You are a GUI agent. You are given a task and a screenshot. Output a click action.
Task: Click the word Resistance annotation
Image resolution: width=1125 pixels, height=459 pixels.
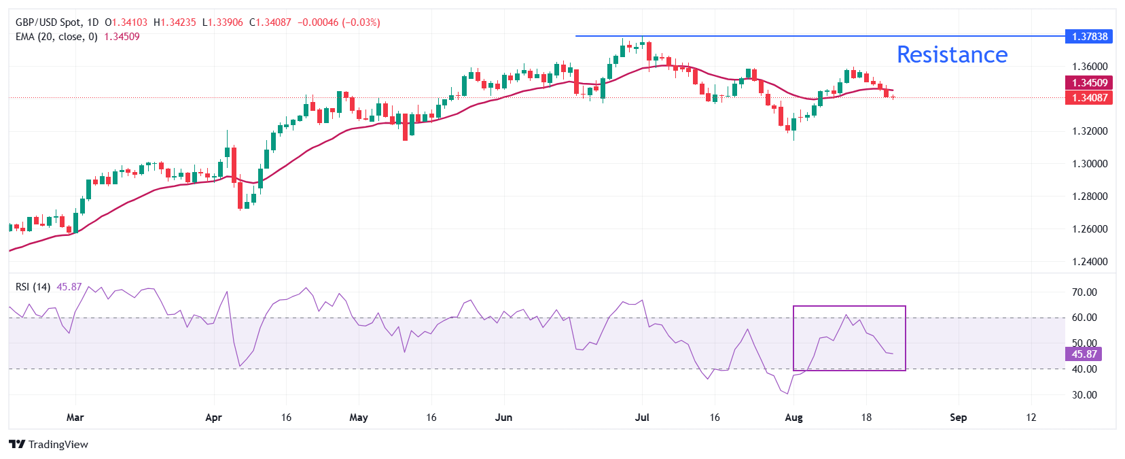[952, 54]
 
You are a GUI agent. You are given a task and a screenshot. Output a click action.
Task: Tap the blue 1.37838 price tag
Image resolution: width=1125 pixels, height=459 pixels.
[1089, 37]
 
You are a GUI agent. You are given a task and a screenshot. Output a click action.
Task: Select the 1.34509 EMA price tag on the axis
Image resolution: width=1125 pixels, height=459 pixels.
[1089, 83]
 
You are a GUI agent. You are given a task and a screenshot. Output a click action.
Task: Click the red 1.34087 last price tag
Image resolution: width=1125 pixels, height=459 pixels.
[1089, 98]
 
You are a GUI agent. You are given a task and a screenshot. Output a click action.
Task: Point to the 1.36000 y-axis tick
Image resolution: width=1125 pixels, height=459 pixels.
[1090, 67]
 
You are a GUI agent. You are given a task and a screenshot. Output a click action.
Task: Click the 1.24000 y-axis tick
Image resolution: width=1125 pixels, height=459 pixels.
[1090, 262]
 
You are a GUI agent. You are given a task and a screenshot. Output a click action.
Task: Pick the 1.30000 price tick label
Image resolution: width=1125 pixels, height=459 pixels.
[1090, 164]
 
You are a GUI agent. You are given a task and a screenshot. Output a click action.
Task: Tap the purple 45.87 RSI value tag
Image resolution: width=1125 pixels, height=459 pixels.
[1084, 354]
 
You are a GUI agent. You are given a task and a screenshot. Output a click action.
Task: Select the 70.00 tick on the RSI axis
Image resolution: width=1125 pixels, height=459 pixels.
[1084, 292]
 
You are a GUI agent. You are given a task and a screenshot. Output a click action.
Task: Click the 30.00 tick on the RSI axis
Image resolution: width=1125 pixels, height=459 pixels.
[1084, 395]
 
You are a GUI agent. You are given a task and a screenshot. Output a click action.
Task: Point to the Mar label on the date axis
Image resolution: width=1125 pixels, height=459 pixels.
[75, 418]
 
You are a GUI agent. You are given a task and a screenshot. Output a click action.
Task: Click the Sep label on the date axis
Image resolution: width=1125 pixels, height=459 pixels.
[958, 418]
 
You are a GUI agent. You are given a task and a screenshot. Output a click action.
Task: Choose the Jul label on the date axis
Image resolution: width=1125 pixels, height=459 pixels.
[642, 418]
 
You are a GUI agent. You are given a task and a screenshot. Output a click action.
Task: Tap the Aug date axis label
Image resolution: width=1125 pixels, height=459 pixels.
[793, 418]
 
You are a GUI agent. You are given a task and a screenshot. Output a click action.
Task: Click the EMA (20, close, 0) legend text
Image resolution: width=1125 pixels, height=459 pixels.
[56, 37]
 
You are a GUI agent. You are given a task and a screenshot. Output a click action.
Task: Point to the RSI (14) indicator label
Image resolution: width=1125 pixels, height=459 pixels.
[33, 287]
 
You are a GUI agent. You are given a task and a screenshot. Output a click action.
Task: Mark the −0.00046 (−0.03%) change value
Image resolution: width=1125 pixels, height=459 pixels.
[338, 22]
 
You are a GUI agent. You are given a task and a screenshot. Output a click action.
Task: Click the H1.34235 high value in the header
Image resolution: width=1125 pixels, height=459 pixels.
[175, 22]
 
